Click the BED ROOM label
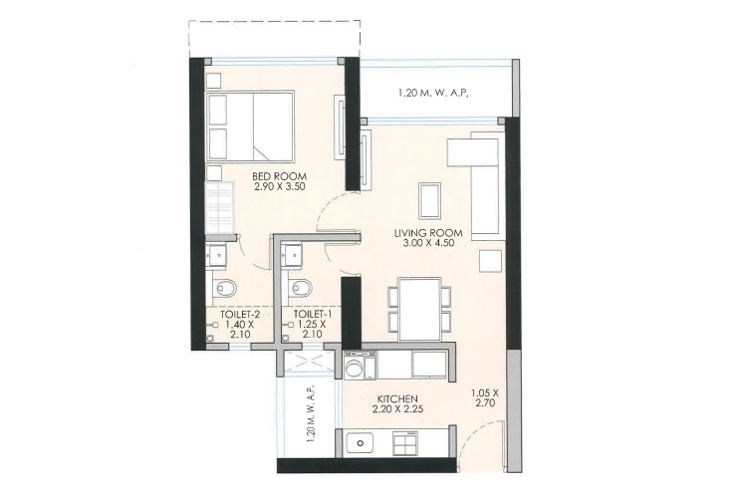279,176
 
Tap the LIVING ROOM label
428,233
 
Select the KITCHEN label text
397,398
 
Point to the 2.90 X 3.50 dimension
279,187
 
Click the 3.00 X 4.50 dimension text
428,243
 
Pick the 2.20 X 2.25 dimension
397,409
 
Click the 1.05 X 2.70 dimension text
485,398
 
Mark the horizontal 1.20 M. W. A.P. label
433,94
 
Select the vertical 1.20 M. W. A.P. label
311,414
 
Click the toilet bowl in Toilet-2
224,288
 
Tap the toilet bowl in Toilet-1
300,288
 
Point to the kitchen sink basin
361,443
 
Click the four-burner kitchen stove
406,442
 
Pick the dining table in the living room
419,310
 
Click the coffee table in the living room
429,200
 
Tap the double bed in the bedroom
250,126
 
